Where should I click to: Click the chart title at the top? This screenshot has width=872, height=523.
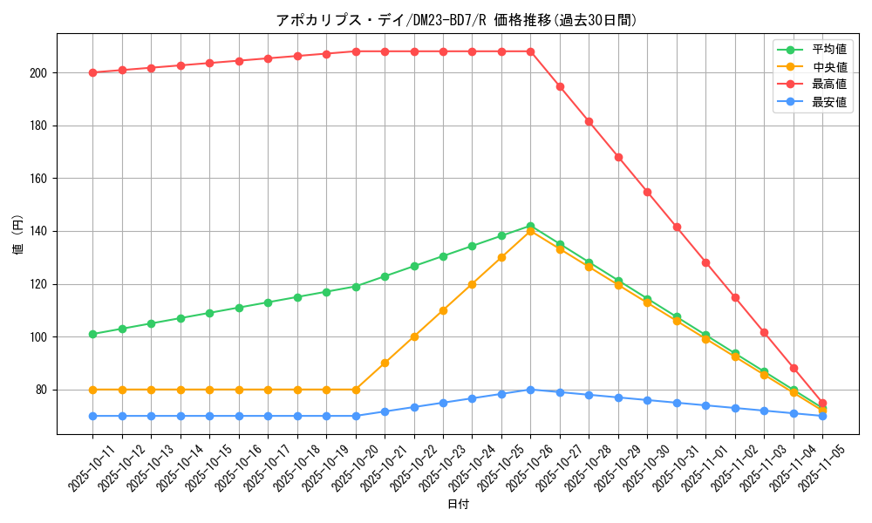point(456,20)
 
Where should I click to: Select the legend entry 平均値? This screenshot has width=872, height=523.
point(829,50)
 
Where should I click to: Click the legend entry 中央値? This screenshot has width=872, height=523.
point(829,67)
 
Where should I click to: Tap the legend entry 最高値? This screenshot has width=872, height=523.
point(829,85)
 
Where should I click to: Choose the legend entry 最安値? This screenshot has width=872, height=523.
point(829,102)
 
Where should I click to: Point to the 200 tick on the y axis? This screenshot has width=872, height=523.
point(40,72)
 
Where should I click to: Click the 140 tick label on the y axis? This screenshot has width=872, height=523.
point(40,231)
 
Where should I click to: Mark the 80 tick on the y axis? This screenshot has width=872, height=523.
point(43,390)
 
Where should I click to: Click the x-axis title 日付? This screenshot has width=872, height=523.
point(458,505)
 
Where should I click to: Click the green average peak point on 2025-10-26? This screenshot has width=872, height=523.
point(530,226)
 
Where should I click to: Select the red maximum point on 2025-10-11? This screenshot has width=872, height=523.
point(92,72)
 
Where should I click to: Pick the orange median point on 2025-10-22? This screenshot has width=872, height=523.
point(414,336)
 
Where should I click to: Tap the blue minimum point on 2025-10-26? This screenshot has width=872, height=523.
point(530,390)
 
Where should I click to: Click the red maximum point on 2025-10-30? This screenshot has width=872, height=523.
point(647,192)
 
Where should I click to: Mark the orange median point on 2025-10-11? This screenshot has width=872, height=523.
point(92,390)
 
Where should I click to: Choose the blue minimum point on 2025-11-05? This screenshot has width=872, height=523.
point(822,416)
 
